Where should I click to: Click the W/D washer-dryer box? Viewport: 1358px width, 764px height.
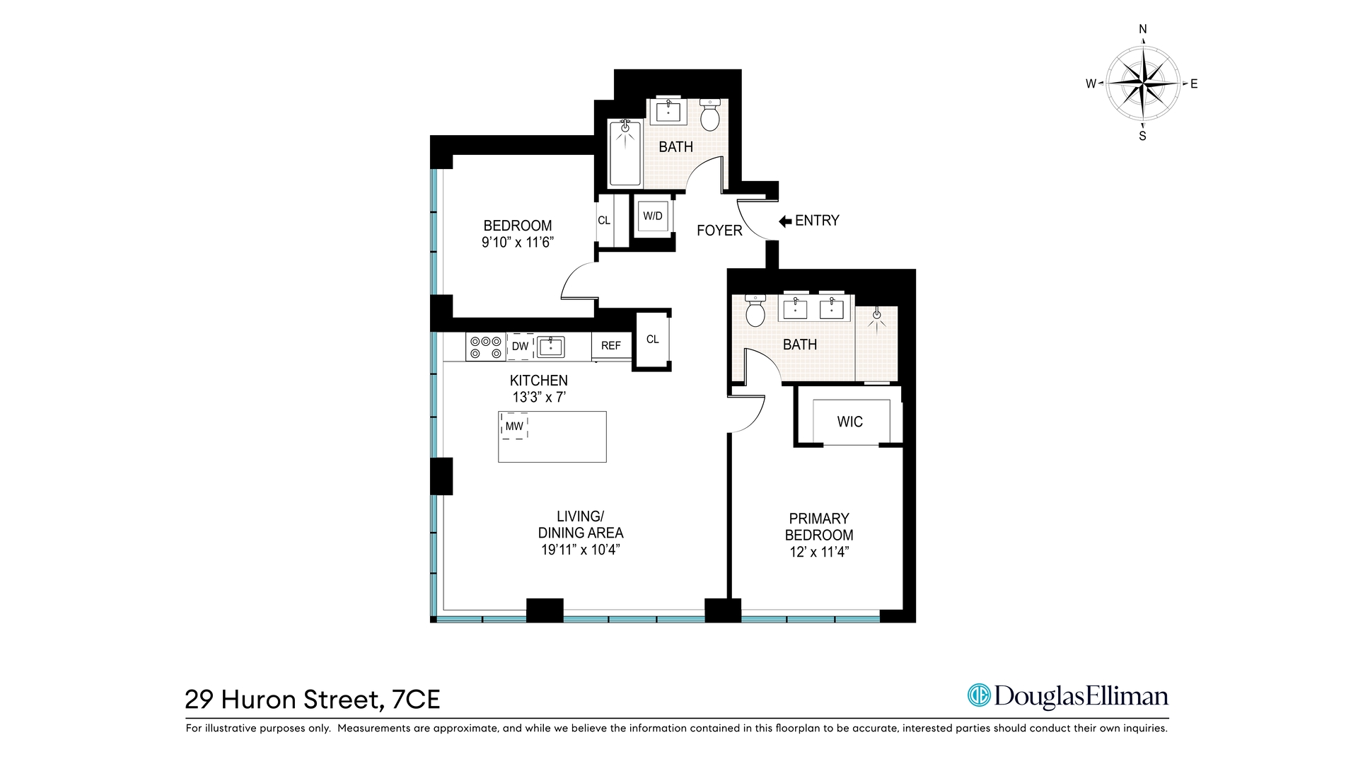(x=653, y=216)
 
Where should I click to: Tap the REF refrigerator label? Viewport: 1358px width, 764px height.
(x=611, y=346)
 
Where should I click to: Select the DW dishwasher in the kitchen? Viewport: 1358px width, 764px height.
(x=521, y=346)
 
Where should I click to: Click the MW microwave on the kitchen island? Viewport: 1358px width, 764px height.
(x=514, y=426)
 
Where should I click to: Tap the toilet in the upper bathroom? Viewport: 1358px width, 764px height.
(x=710, y=115)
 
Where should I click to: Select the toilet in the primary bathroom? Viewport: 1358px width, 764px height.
(x=755, y=311)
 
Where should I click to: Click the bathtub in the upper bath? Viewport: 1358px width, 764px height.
(x=625, y=153)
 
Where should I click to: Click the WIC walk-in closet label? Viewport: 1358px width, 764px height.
(x=850, y=422)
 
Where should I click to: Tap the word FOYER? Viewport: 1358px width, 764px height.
(x=719, y=231)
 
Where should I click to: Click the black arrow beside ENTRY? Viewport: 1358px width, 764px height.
(x=785, y=221)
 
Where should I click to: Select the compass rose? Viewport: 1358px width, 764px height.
(x=1143, y=83)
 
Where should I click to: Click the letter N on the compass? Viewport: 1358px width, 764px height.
(x=1143, y=30)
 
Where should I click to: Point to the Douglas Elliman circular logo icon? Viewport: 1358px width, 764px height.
(x=979, y=695)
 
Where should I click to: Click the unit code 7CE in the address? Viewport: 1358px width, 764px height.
(x=416, y=700)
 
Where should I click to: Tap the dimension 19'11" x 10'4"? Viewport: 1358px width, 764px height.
(x=581, y=550)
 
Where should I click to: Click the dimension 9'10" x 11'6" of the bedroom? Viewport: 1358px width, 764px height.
(x=517, y=243)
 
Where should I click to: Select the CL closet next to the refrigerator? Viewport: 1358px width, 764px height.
(x=653, y=340)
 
